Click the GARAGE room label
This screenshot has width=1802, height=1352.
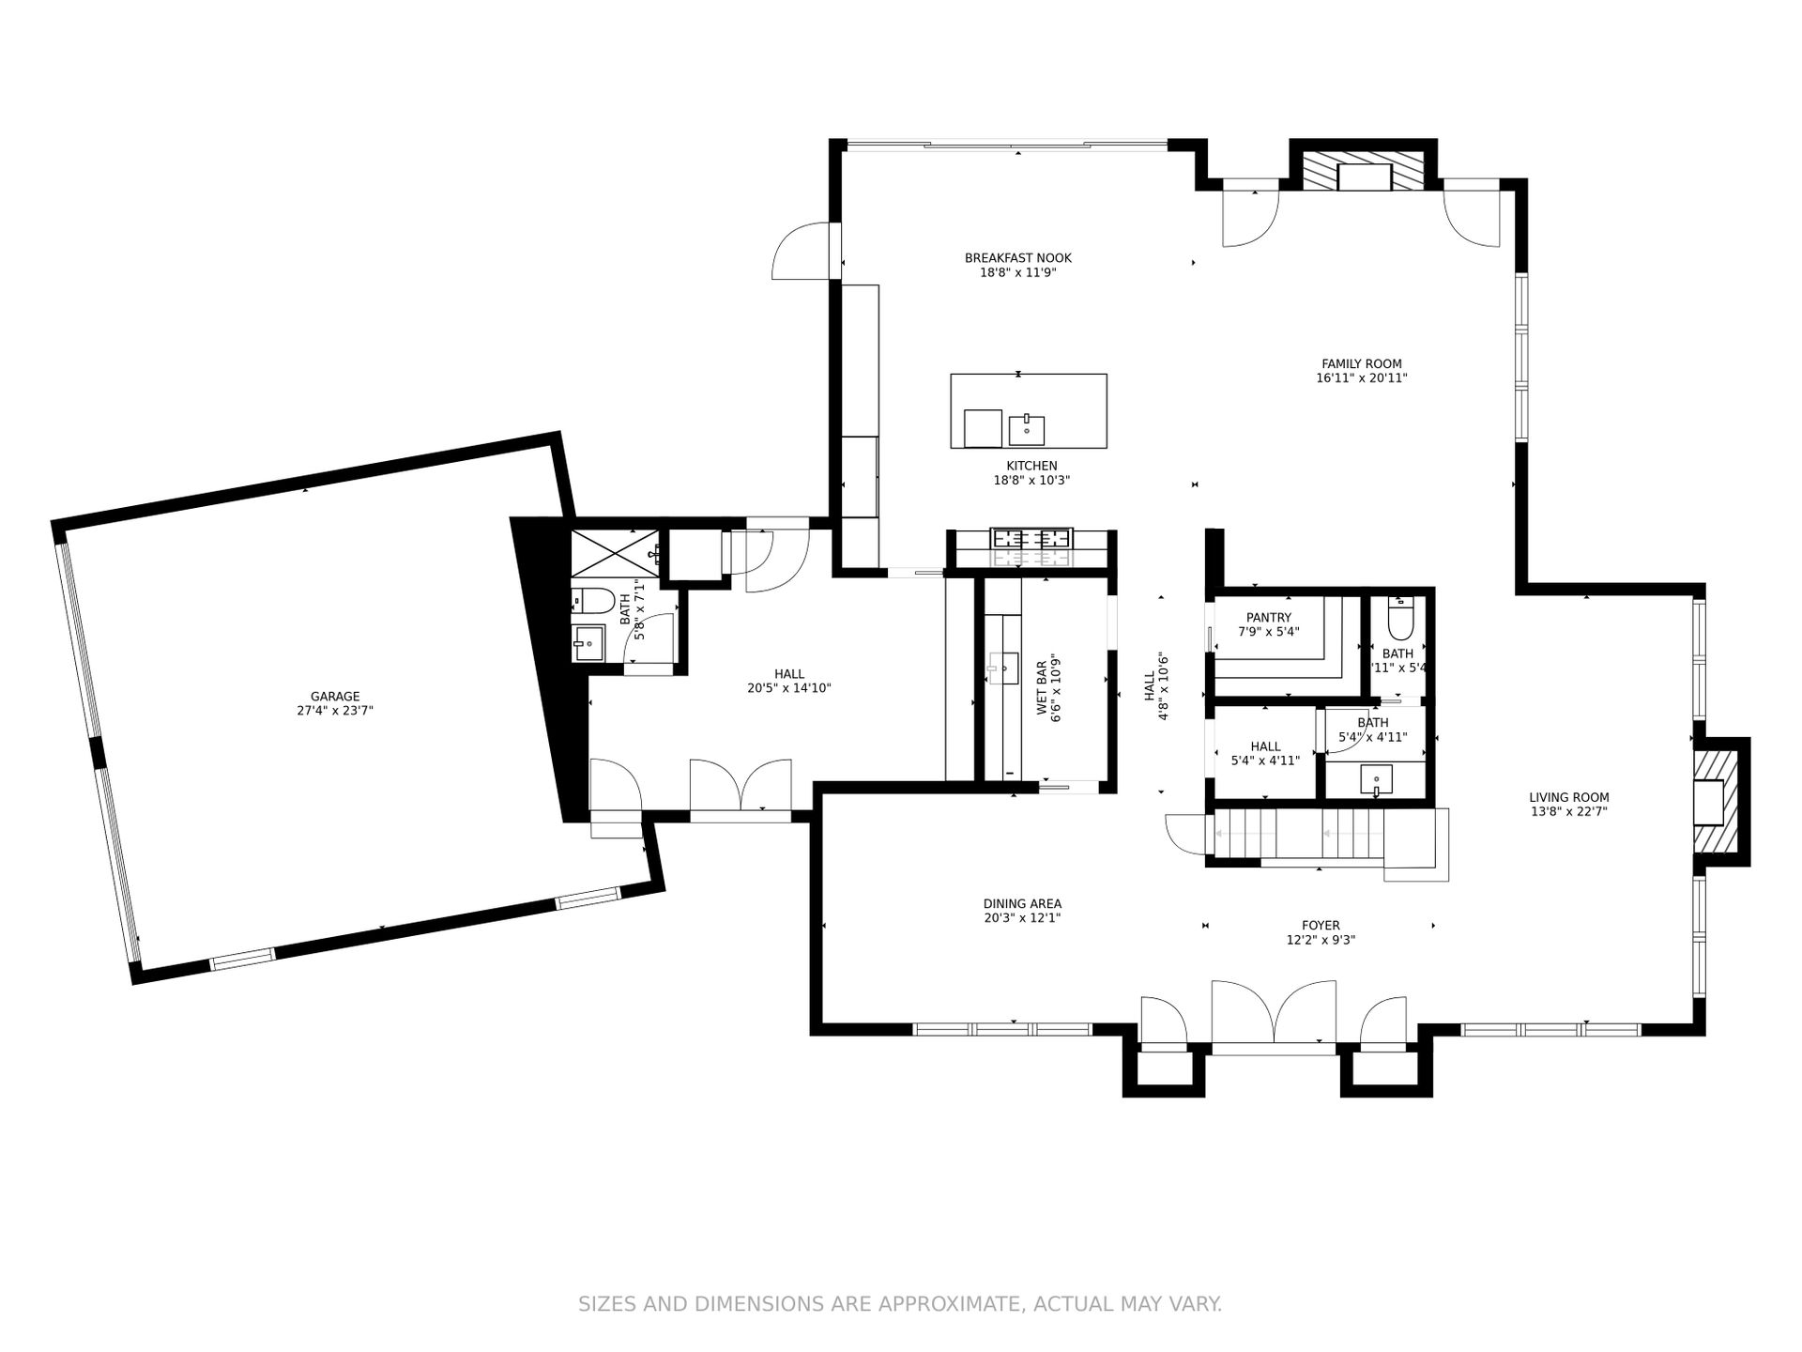point(335,697)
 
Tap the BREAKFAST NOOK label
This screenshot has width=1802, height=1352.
point(1018,258)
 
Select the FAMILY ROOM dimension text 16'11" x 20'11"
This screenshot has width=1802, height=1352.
point(1362,378)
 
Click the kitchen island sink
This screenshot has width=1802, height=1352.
point(1027,429)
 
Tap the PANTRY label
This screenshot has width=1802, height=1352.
point(1269,618)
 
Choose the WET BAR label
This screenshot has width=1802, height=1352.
point(1042,688)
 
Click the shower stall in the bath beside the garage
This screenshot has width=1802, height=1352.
point(616,554)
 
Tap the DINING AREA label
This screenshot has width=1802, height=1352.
point(1022,904)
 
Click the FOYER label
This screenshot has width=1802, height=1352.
point(1321,926)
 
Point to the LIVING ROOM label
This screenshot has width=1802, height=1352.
point(1568,798)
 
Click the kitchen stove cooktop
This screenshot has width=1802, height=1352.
point(1031,539)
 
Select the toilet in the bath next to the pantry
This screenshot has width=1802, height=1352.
point(1400,616)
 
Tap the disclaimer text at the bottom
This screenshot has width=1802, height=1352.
point(900,1304)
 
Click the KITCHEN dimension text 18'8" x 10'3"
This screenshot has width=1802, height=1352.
point(1031,481)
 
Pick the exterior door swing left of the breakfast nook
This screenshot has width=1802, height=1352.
point(801,251)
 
